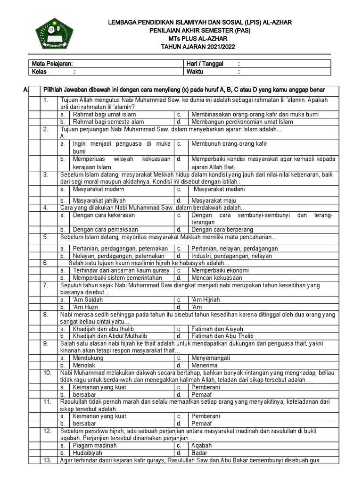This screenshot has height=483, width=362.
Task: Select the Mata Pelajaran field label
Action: pos(52,64)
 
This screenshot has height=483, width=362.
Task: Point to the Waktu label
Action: pos(196,72)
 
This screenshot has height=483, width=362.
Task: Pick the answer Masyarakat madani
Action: pos(219,189)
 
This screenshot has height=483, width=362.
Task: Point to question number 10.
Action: pos(47,373)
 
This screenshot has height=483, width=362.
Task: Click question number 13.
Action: pos(47,461)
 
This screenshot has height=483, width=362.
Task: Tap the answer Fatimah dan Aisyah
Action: pos(217,329)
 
